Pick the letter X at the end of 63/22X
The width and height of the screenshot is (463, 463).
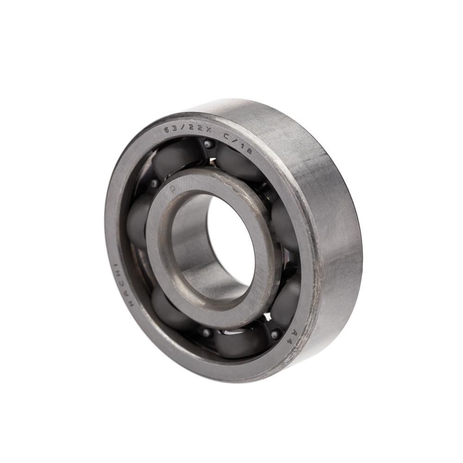[x=208, y=131]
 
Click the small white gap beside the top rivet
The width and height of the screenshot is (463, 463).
[x=213, y=162]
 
